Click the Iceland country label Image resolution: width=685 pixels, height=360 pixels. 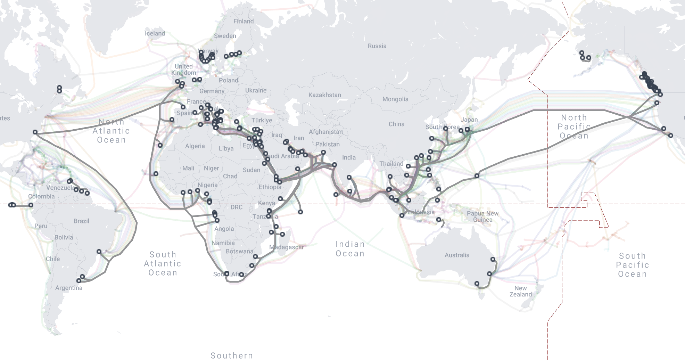click(x=155, y=33)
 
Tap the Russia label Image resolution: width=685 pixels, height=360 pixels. click(x=377, y=46)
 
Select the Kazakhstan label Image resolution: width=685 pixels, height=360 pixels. click(x=324, y=95)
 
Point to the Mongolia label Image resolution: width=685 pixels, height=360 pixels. click(x=395, y=99)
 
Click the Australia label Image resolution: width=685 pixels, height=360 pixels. click(x=457, y=255)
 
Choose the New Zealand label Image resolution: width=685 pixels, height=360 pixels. click(x=520, y=291)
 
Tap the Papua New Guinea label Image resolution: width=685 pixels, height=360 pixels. click(x=482, y=216)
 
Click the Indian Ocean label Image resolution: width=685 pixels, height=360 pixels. click(x=350, y=249)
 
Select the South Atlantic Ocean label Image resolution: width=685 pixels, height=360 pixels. click(x=163, y=264)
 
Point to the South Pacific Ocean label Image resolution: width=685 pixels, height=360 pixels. click(x=632, y=265)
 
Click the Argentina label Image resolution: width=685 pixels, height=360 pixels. click(x=69, y=288)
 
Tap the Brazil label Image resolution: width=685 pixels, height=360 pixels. click(x=81, y=221)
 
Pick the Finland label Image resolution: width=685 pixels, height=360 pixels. click(x=244, y=21)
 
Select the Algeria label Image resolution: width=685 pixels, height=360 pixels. click(x=195, y=146)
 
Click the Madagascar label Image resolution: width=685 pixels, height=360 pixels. click(x=287, y=247)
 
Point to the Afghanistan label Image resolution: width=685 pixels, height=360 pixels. click(x=325, y=132)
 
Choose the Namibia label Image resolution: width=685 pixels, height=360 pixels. click(x=223, y=243)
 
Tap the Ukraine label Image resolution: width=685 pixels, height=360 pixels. click(x=256, y=90)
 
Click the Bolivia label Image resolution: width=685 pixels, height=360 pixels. click(x=64, y=237)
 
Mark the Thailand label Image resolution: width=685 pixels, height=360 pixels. click(x=391, y=164)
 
